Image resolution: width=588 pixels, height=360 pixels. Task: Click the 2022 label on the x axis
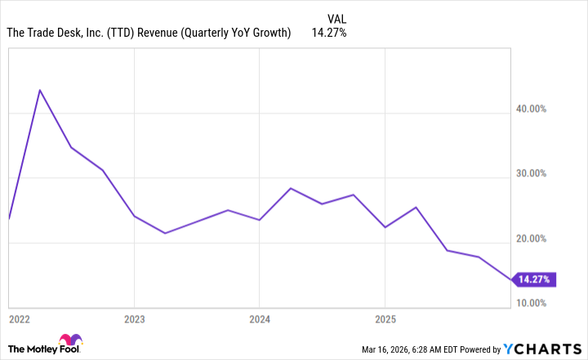[20, 318]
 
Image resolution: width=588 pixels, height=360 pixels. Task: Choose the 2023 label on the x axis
[135, 318]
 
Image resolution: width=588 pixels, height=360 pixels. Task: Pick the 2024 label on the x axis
[260, 318]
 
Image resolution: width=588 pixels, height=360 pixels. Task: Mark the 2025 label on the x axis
[385, 318]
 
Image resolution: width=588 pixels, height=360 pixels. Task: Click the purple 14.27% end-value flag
[536, 280]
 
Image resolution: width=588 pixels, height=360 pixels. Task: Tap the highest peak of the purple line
[39, 90]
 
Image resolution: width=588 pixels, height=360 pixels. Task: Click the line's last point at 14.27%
[512, 280]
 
